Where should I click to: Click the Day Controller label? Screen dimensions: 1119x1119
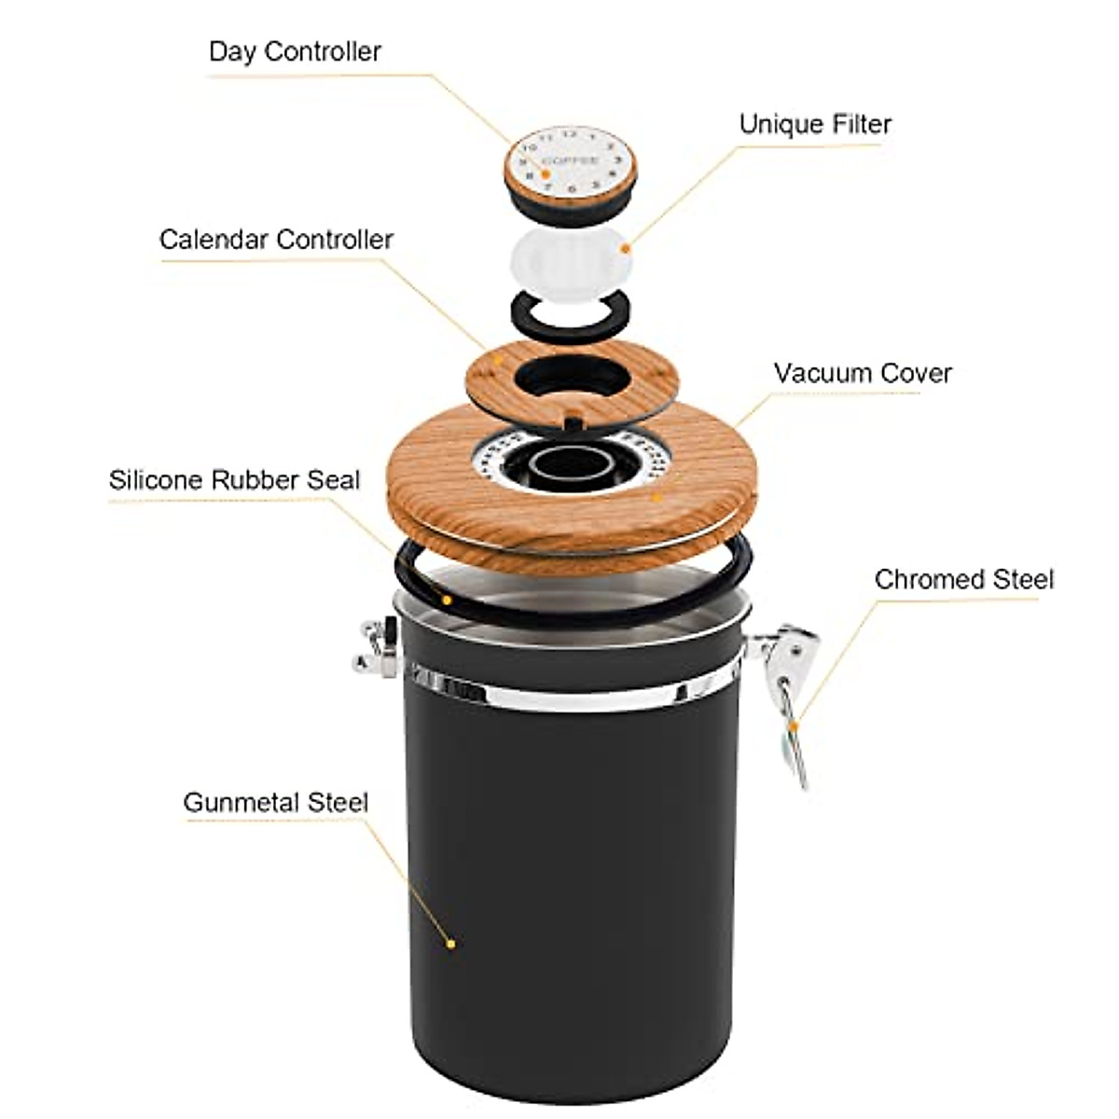295,51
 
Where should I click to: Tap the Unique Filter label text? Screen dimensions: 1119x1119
815,124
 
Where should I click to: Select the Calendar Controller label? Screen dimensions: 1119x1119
276,240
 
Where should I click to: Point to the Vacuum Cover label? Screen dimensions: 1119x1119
863,373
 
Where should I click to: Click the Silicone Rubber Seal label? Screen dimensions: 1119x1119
234,480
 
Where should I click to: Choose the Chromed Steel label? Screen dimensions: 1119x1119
963,579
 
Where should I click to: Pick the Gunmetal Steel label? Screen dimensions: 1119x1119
275,803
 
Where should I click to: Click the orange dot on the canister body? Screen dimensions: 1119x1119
451,944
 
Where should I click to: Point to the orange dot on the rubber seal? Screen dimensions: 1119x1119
448,600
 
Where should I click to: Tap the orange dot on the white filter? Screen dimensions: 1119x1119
626,248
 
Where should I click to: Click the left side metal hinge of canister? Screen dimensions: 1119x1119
377,645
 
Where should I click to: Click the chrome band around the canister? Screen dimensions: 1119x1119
569,695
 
